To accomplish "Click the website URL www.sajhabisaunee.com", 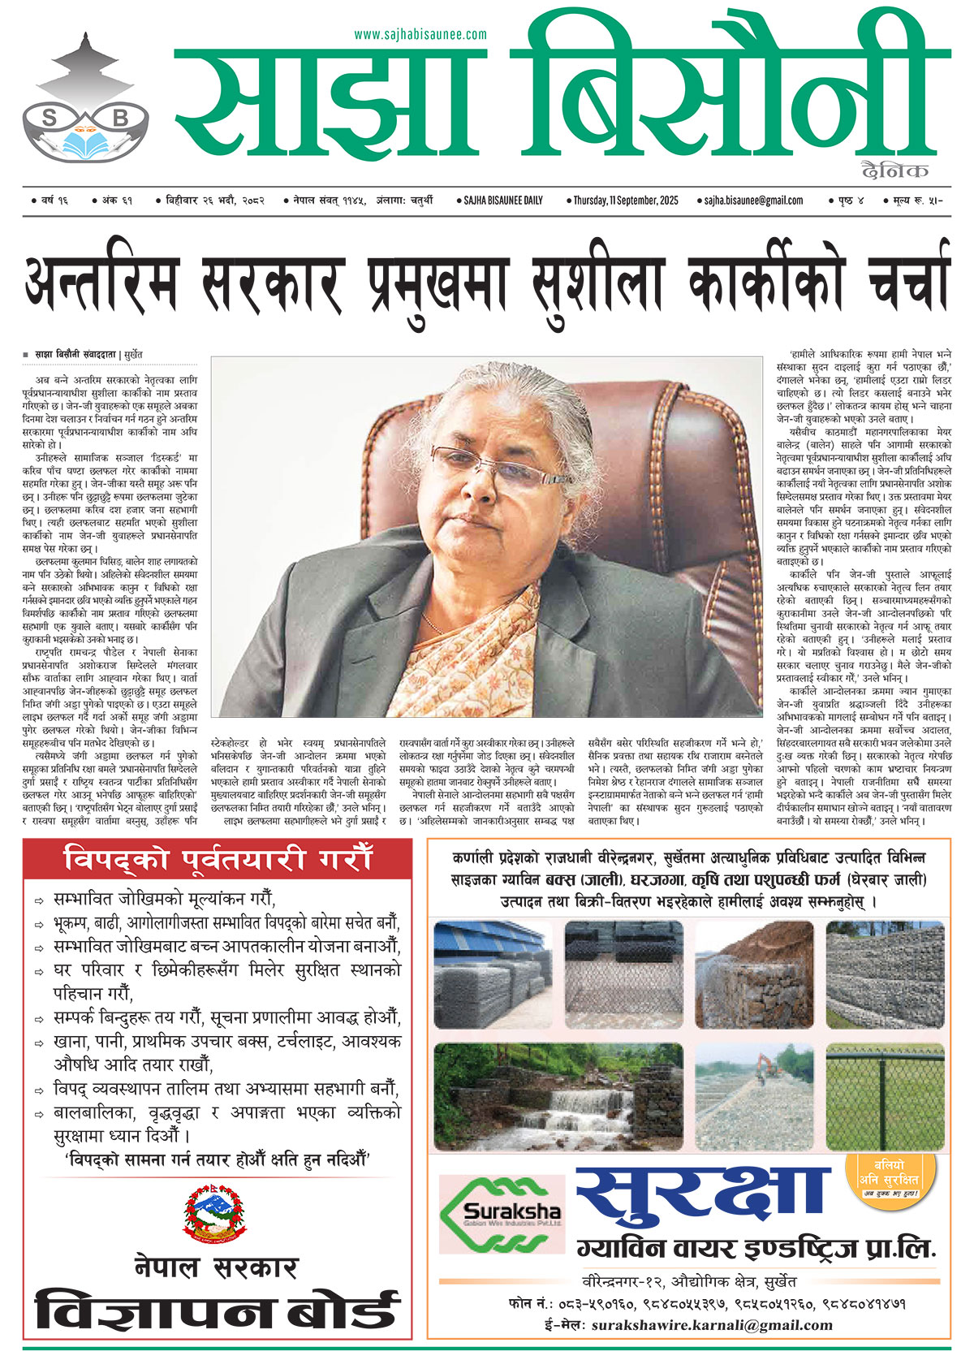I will [x=420, y=34].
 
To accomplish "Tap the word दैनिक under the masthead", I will [x=895, y=171].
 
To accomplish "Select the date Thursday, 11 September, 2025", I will [x=625, y=201].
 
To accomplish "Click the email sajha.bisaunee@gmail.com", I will [x=753, y=201].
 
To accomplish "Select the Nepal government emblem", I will [x=213, y=1213].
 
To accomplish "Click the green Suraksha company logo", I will [x=500, y=1215].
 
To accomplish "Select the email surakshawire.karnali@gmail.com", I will [x=712, y=1325].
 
